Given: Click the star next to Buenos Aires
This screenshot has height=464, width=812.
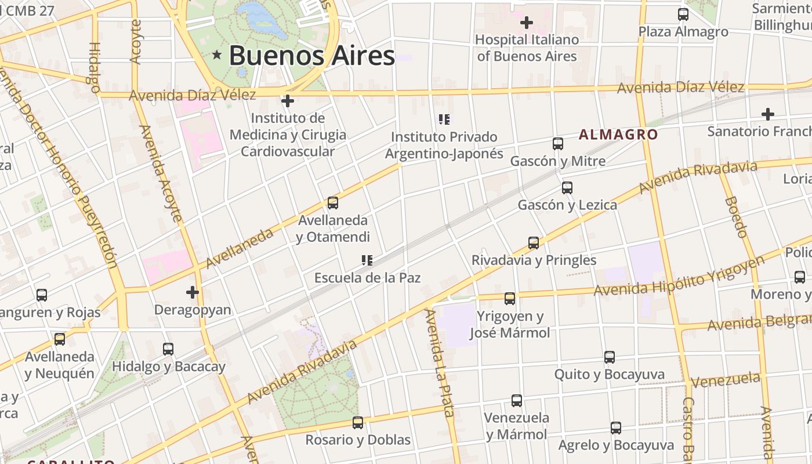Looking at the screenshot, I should [x=217, y=55].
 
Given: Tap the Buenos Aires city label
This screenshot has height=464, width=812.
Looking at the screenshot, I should [x=312, y=56].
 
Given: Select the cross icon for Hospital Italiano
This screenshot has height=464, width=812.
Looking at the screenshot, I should [x=527, y=23].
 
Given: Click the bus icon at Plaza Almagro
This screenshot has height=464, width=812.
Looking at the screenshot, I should [x=683, y=14].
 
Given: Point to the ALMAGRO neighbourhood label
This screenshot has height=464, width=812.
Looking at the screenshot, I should [x=618, y=135].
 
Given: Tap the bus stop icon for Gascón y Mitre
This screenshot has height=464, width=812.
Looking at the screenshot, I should [x=558, y=144].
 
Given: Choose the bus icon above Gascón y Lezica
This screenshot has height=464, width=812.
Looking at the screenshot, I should [x=567, y=188].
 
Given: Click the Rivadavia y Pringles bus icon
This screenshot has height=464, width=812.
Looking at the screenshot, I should [x=534, y=243].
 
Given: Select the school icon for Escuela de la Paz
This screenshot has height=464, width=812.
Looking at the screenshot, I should [x=367, y=260].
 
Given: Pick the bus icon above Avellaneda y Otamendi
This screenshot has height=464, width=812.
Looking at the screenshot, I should [x=333, y=203].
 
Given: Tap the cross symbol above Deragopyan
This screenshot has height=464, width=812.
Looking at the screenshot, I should [x=193, y=292].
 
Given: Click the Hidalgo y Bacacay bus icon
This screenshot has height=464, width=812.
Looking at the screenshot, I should [x=168, y=349].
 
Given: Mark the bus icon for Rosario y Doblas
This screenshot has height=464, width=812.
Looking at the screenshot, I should [x=358, y=423].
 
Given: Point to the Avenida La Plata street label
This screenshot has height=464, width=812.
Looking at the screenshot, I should [x=440, y=362].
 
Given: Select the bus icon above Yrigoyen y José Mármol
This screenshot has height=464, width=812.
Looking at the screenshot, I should [x=510, y=299].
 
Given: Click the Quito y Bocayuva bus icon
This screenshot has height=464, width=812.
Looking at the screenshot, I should [x=610, y=357].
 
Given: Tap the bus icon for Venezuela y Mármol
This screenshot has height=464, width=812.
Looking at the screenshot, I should [x=517, y=401].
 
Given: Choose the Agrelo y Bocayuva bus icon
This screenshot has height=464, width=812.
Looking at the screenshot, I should [x=616, y=428].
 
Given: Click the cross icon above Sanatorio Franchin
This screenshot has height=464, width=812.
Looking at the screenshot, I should [x=768, y=114].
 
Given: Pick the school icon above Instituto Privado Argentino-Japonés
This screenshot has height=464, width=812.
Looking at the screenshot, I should [x=444, y=120].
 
